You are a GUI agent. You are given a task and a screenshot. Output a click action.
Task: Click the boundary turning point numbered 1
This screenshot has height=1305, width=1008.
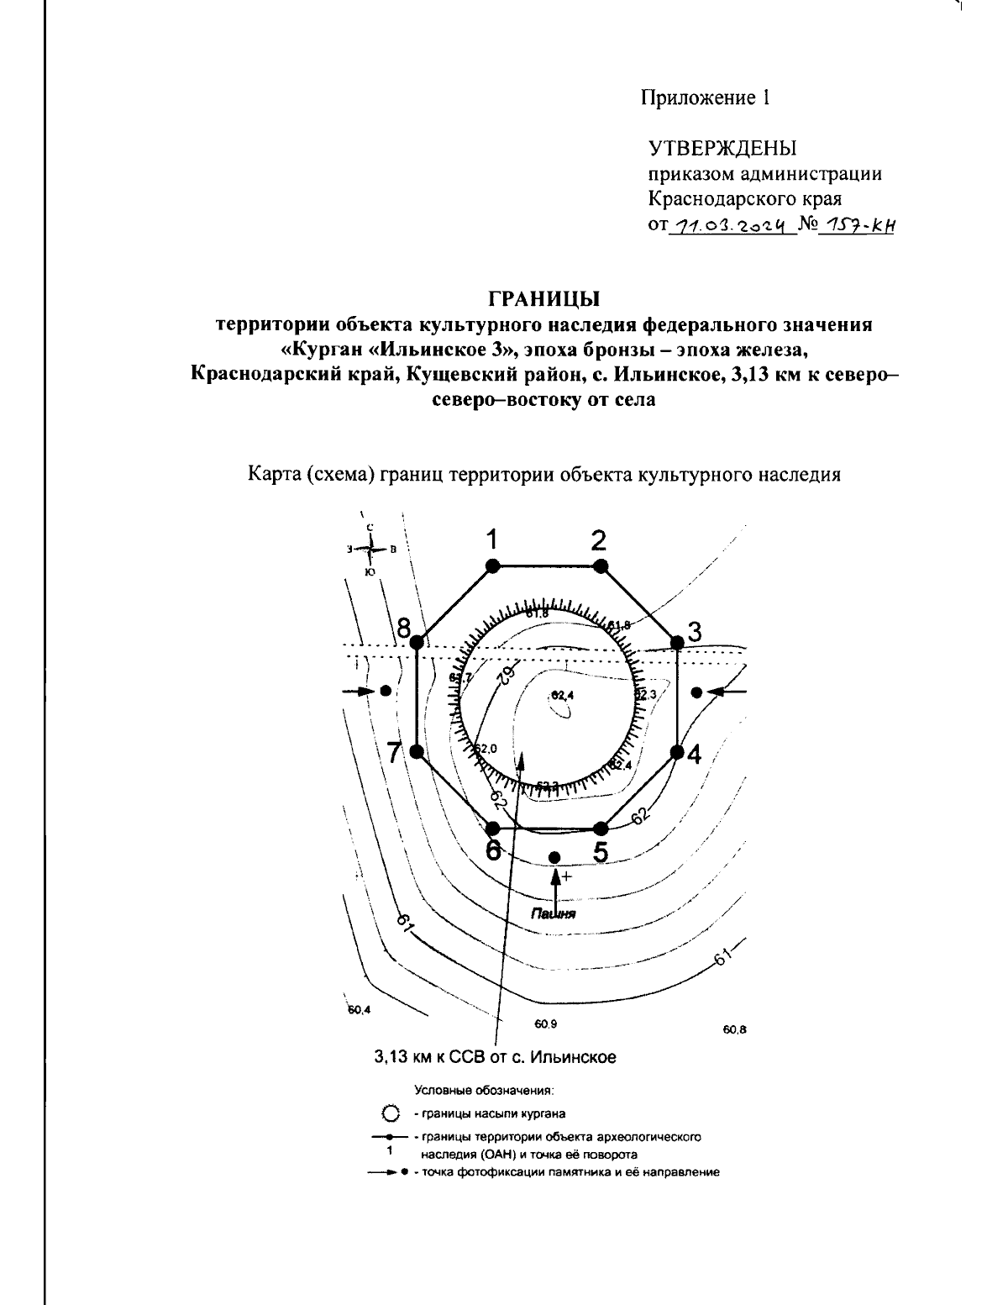pos(493,566)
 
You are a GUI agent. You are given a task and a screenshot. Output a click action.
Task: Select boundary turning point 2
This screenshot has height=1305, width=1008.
pos(599,566)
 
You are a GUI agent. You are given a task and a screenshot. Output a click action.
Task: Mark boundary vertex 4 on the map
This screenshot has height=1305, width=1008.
pos(677,751)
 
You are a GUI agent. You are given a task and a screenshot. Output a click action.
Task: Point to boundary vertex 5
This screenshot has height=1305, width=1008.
pos(599,828)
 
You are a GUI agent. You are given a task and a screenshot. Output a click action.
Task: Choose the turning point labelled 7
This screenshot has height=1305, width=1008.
pos(417,751)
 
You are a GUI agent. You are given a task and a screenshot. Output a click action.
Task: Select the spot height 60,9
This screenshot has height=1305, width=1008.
pos(545,1023)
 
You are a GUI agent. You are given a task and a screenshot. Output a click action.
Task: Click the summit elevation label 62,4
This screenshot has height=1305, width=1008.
pos(561,695)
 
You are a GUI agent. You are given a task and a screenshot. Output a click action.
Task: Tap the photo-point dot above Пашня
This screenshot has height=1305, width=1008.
pos(554,856)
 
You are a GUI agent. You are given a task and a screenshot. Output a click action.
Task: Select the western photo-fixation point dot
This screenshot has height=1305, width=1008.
pos(386,691)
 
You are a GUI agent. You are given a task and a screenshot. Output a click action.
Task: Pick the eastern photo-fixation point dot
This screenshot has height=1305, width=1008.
pos(696,692)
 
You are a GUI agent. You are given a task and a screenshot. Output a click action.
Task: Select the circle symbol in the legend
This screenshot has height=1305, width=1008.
pos(389,1113)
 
